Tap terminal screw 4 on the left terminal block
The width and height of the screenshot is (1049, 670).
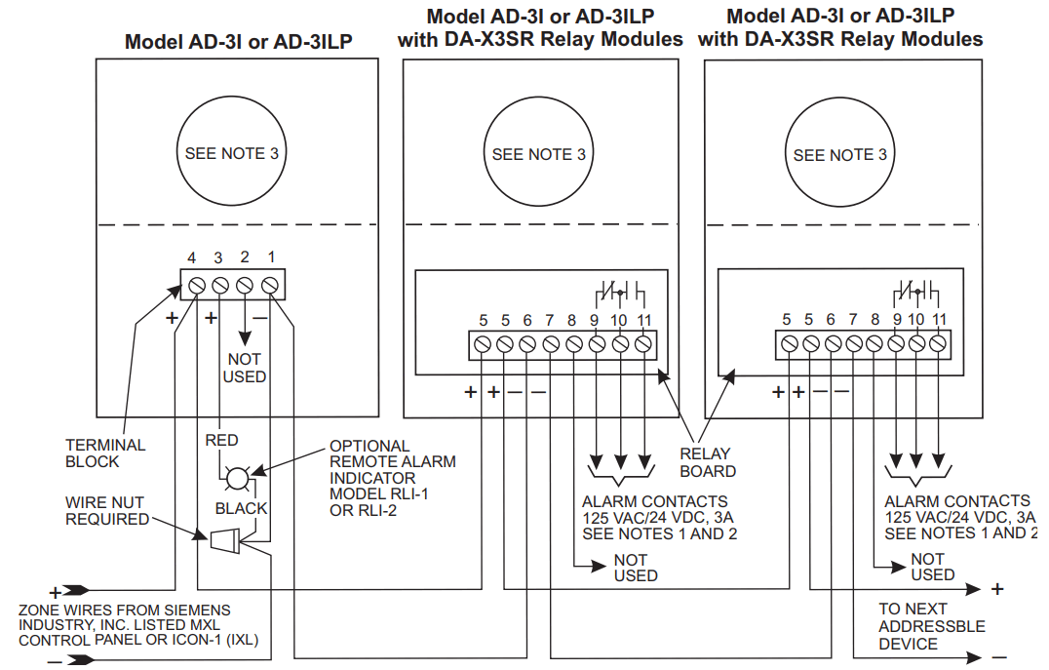coord(195,286)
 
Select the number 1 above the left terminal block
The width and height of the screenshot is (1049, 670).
coord(270,258)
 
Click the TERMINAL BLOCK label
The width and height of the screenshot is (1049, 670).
coord(105,453)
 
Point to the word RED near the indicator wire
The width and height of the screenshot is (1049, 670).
coord(222,441)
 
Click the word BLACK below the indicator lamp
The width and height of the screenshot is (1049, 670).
coord(241,508)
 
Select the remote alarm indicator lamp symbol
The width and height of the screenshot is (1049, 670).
coord(237,478)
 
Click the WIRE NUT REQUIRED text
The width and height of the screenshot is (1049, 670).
coord(106,511)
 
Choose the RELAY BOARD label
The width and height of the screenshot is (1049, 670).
coord(708,462)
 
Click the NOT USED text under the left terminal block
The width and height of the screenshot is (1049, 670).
coord(244,368)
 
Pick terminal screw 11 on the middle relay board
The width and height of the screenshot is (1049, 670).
coord(642,344)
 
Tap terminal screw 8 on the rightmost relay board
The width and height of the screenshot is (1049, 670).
coord(874,343)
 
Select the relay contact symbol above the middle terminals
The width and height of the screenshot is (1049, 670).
coord(620,294)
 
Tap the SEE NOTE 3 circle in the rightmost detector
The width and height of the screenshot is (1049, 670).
coord(839,155)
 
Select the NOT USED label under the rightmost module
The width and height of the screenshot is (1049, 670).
coord(927,567)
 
